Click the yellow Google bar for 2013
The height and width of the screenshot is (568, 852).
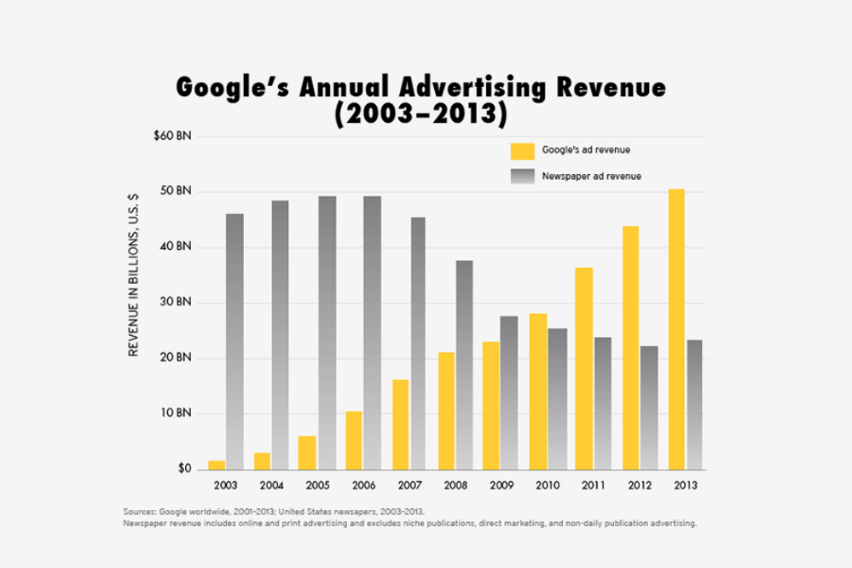click(x=676, y=329)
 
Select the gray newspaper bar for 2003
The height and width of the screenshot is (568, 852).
click(x=235, y=341)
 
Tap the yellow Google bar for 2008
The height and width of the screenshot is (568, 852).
click(x=445, y=410)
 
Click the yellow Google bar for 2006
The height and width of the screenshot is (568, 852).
click(x=354, y=440)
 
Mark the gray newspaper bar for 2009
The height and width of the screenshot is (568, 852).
click(x=509, y=392)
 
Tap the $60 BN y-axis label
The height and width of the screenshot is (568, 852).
click(x=172, y=136)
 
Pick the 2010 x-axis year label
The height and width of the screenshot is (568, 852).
click(x=548, y=484)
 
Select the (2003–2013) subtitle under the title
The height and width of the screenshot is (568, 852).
click(x=417, y=113)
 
